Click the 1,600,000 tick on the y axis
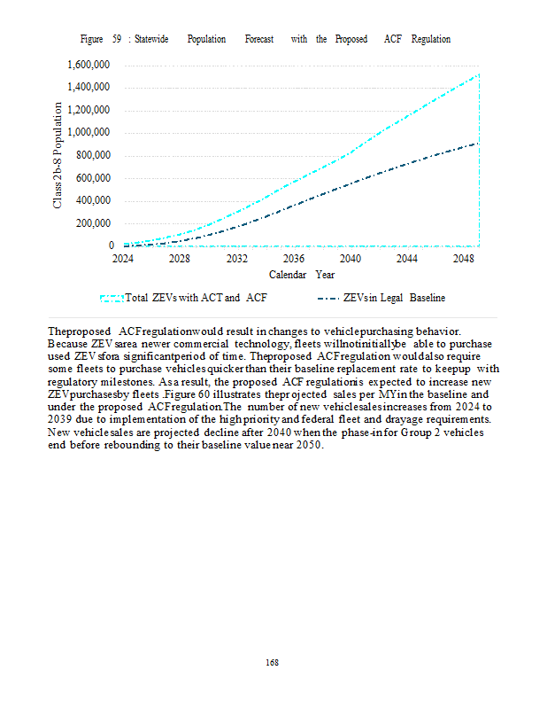point(89,65)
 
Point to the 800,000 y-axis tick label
point(92,155)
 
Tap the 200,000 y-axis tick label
point(92,222)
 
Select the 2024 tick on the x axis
point(123,259)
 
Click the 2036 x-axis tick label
point(294,259)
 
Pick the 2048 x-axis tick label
point(464,259)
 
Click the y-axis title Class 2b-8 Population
point(58,155)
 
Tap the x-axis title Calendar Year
point(301,275)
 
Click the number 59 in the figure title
point(117,40)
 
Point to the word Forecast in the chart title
point(259,40)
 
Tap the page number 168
point(273,662)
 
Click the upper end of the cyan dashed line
point(478,74)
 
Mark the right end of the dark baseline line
point(478,143)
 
